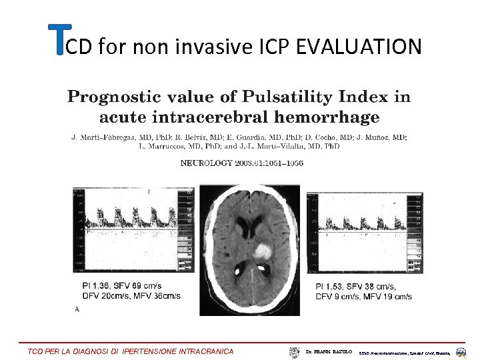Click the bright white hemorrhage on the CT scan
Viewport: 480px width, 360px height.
tap(263, 251)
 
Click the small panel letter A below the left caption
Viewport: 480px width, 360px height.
tap(77, 309)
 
